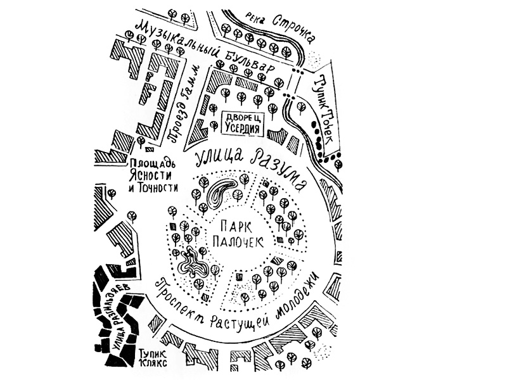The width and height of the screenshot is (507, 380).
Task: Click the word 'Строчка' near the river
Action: pos(291,25)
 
